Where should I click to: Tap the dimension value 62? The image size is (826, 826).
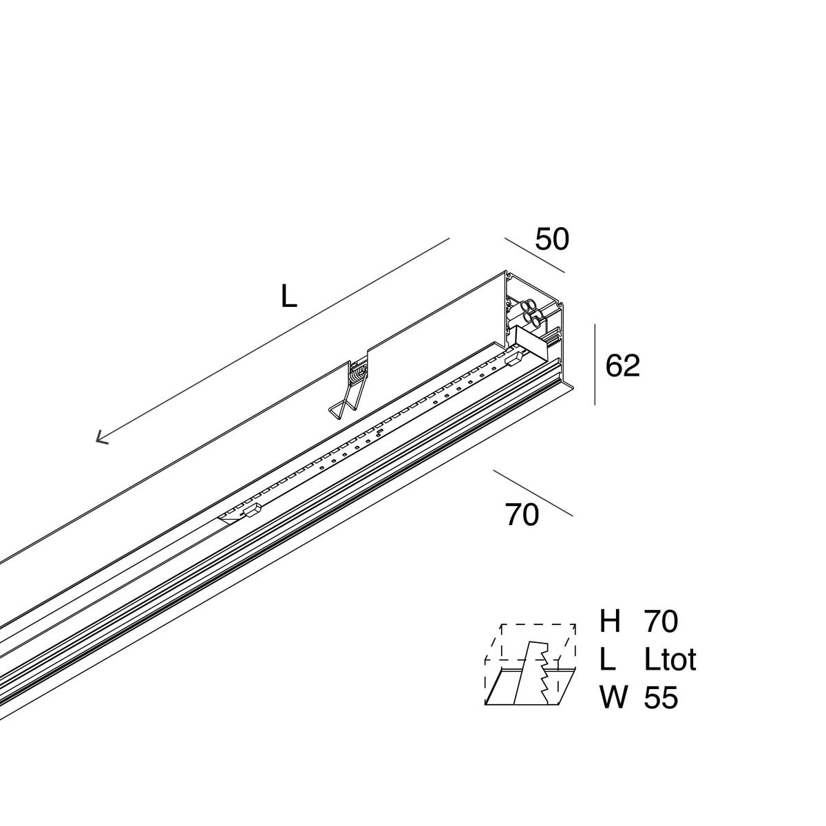pos(622,366)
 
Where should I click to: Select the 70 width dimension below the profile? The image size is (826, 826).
pos(522,515)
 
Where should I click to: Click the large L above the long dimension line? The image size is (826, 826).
pos(289,297)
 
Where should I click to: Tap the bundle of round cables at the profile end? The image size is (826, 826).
pos(531,313)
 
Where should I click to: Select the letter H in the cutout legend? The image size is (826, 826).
pos(610,621)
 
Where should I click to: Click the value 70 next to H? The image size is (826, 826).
pos(661,621)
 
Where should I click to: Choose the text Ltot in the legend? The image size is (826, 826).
pos(670,659)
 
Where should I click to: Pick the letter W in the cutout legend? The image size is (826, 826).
pos(614,697)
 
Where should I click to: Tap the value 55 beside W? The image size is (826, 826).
pos(661,698)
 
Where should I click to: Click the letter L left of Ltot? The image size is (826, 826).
pos(608,659)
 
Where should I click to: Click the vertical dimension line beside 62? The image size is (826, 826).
pos(595,364)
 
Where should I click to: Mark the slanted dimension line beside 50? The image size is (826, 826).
pos(535,255)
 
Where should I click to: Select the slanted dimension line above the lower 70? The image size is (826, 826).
pos(533,493)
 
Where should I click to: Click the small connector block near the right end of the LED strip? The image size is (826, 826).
pos(514,359)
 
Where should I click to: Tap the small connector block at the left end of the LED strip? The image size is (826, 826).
pos(253,510)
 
